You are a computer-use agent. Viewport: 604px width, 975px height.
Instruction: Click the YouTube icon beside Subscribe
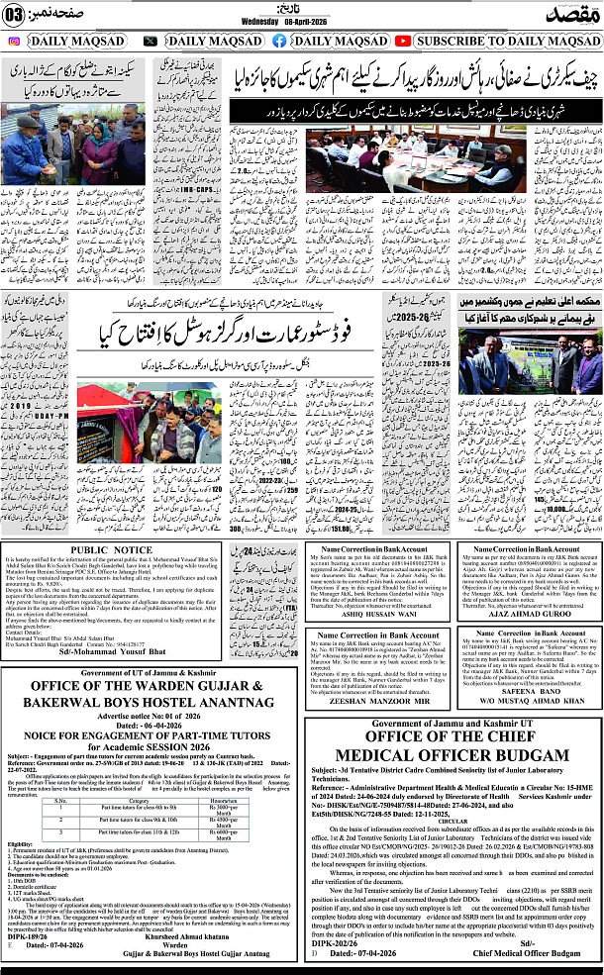pyautogui.click(x=402, y=41)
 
